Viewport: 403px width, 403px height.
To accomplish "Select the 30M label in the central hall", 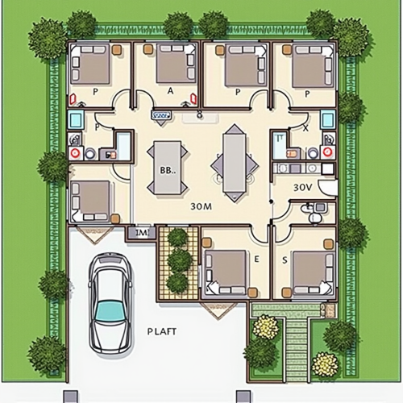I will pyautogui.click(x=201, y=206).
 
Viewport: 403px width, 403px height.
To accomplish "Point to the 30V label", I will pyautogui.click(x=302, y=186).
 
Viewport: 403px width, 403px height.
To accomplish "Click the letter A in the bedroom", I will pyautogui.click(x=170, y=92).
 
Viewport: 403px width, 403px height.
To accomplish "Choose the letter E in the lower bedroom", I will pyautogui.click(x=257, y=260).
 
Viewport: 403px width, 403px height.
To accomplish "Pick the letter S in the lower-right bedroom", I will pyautogui.click(x=285, y=260).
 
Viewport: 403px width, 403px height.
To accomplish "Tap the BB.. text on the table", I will pyautogui.click(x=168, y=170).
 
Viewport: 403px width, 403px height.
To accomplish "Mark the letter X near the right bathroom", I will pyautogui.click(x=305, y=128).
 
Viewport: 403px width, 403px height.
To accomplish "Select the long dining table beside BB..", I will pyautogui.click(x=234, y=163).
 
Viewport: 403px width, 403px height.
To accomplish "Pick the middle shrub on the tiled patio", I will pyautogui.click(x=179, y=260).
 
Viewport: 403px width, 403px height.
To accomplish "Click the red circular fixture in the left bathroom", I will pyautogui.click(x=76, y=152).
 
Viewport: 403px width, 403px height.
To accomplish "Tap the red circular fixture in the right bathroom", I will pyautogui.click(x=328, y=152).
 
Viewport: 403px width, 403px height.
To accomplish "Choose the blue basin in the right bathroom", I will pyautogui.click(x=328, y=120).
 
